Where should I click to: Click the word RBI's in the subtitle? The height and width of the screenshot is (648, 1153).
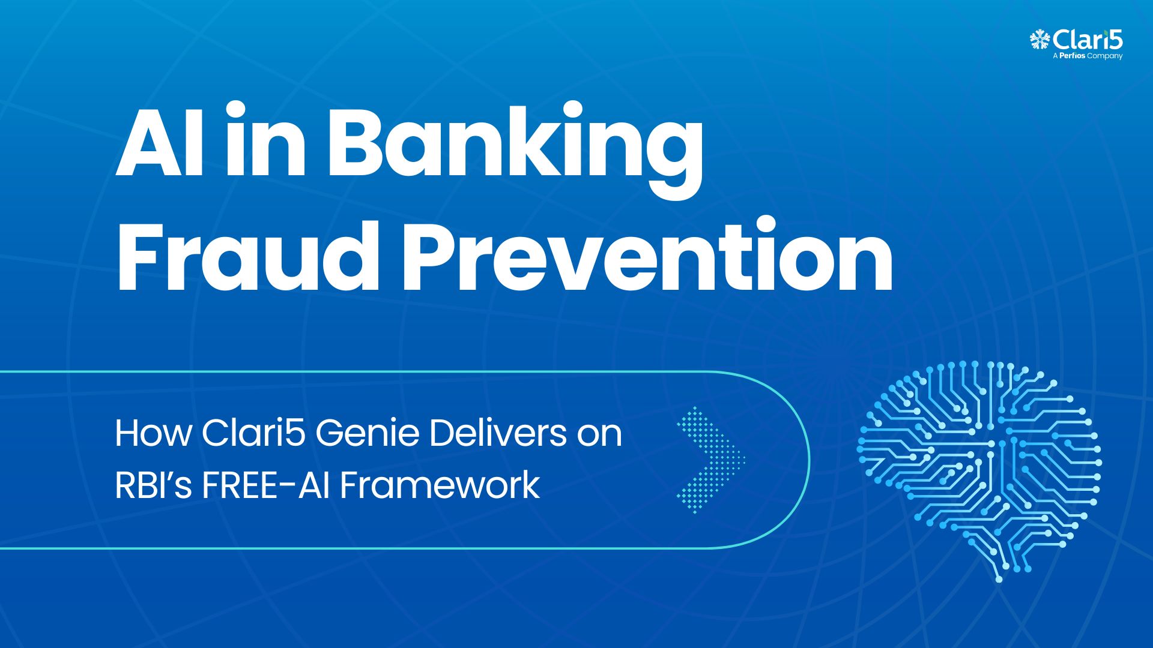[x=153, y=485]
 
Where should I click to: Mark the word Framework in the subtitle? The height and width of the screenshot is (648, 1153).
[x=440, y=485]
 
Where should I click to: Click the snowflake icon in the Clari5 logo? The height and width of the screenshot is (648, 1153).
[x=1040, y=40]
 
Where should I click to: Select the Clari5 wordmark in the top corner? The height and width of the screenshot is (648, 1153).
[x=1088, y=40]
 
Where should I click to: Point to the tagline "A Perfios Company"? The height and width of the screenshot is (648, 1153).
[x=1088, y=56]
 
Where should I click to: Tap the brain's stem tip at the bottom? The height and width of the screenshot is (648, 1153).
[x=998, y=579]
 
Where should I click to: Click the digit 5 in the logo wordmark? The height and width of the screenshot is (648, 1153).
[x=1115, y=40]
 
